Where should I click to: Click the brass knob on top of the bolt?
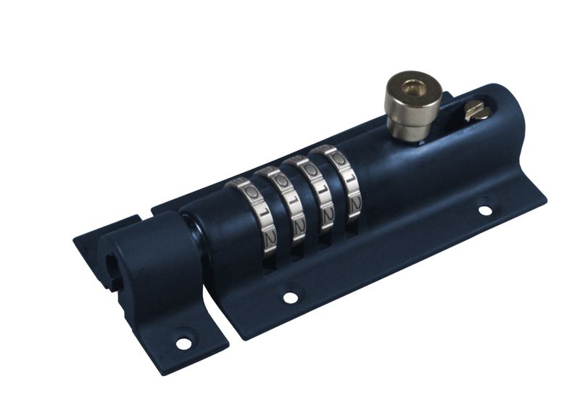pyautogui.click(x=412, y=109)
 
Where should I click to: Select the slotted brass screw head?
pyautogui.click(x=477, y=110)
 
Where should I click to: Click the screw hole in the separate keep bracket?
pyautogui.click(x=184, y=338)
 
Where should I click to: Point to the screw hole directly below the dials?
pyautogui.click(x=290, y=296)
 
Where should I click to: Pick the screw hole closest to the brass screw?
pyautogui.click(x=484, y=210)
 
